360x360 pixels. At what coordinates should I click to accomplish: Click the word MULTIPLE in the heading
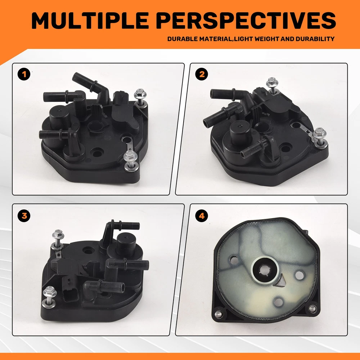pyautogui.click(x=90, y=21)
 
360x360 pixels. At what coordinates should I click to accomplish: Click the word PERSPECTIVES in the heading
pyautogui.click(x=247, y=21)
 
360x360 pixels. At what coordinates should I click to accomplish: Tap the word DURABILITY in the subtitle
pyautogui.click(x=315, y=39)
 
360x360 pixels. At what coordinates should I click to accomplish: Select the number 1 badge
pyautogui.click(x=24, y=74)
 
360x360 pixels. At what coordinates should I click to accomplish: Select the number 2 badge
pyautogui.click(x=202, y=74)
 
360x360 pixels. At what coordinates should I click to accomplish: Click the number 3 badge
pyautogui.click(x=24, y=216)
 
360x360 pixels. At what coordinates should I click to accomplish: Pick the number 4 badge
pyautogui.click(x=202, y=216)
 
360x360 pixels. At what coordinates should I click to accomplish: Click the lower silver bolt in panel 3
pyautogui.click(x=49, y=296)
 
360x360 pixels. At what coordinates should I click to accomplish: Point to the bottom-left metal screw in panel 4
pyautogui.click(x=219, y=314)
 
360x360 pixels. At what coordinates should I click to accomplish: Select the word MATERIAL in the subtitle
pyautogui.click(x=215, y=39)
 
